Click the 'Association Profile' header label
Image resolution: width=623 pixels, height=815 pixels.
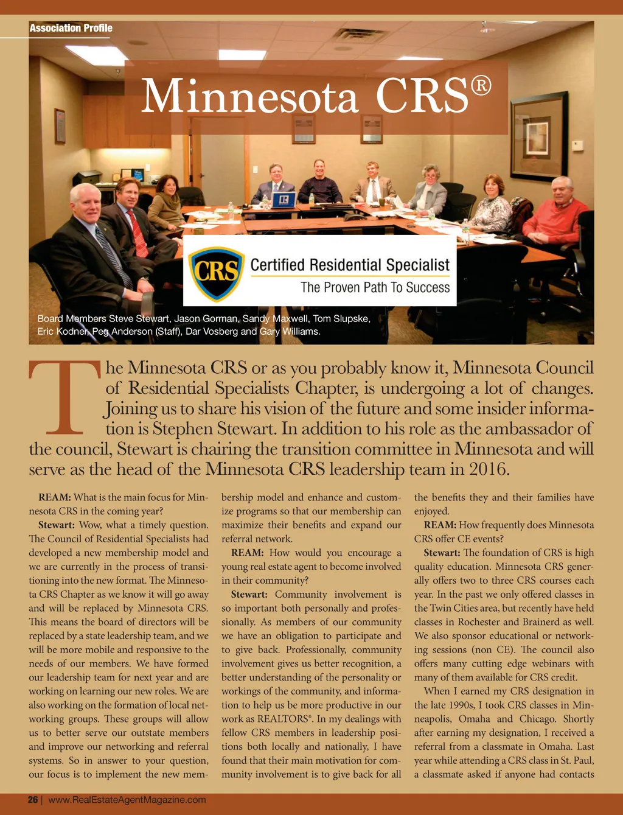71,28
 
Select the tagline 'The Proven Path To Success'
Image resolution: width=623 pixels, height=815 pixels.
375,287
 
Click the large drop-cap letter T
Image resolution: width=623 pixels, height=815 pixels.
64,398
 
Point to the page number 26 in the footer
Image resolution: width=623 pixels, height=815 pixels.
33,800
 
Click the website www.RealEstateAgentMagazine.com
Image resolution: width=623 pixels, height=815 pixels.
127,800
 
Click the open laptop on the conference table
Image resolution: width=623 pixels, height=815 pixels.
283,200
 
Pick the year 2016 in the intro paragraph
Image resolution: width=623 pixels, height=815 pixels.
487,469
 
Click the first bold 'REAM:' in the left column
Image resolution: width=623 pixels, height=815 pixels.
55,497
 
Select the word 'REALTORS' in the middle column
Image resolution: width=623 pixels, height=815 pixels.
283,719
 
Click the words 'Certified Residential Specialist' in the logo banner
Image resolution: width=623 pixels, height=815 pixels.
350,265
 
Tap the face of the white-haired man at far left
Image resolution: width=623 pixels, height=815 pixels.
85,203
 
